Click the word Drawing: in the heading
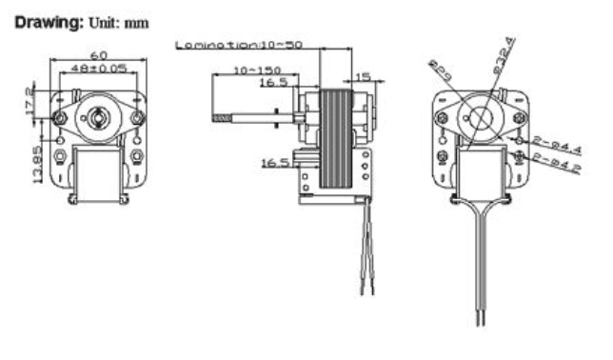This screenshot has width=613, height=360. [44, 20]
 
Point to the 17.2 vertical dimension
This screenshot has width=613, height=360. [30, 98]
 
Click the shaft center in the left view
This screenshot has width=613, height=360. [99, 116]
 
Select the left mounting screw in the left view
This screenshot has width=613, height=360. [59, 117]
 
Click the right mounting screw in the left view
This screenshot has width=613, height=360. [139, 117]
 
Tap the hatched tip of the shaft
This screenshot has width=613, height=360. [223, 120]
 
